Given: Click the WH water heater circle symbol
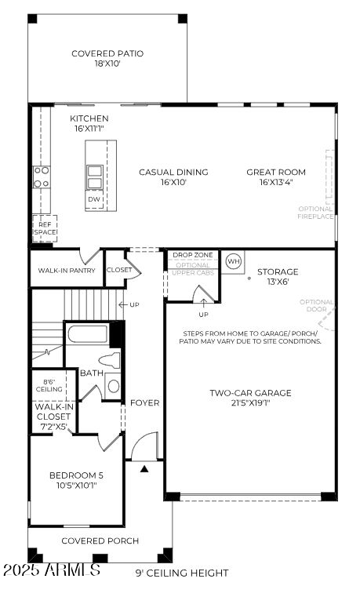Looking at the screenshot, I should pyautogui.click(x=233, y=260).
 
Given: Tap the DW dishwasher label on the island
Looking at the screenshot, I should pyautogui.click(x=94, y=199).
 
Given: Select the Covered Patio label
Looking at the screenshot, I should pyautogui.click(x=107, y=59).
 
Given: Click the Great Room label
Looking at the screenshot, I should pyautogui.click(x=276, y=177).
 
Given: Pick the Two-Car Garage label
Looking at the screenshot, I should pyautogui.click(x=250, y=398).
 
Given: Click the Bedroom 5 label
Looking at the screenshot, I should pyautogui.click(x=76, y=480).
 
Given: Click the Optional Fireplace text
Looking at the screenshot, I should pyautogui.click(x=315, y=213).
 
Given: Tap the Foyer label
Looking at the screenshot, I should pyautogui.click(x=144, y=402).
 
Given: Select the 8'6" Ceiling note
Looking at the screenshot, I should pyautogui.click(x=49, y=385).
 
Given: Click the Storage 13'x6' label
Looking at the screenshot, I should pyautogui.click(x=278, y=276).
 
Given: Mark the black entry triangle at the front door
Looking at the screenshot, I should pyautogui.click(x=144, y=469).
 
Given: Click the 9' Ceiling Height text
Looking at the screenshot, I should pyautogui.click(x=182, y=573).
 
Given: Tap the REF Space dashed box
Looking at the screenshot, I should pyautogui.click(x=45, y=228).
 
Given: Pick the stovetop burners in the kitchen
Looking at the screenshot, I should pyautogui.click(x=42, y=177).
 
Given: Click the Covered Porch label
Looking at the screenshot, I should pyautogui.click(x=100, y=541).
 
